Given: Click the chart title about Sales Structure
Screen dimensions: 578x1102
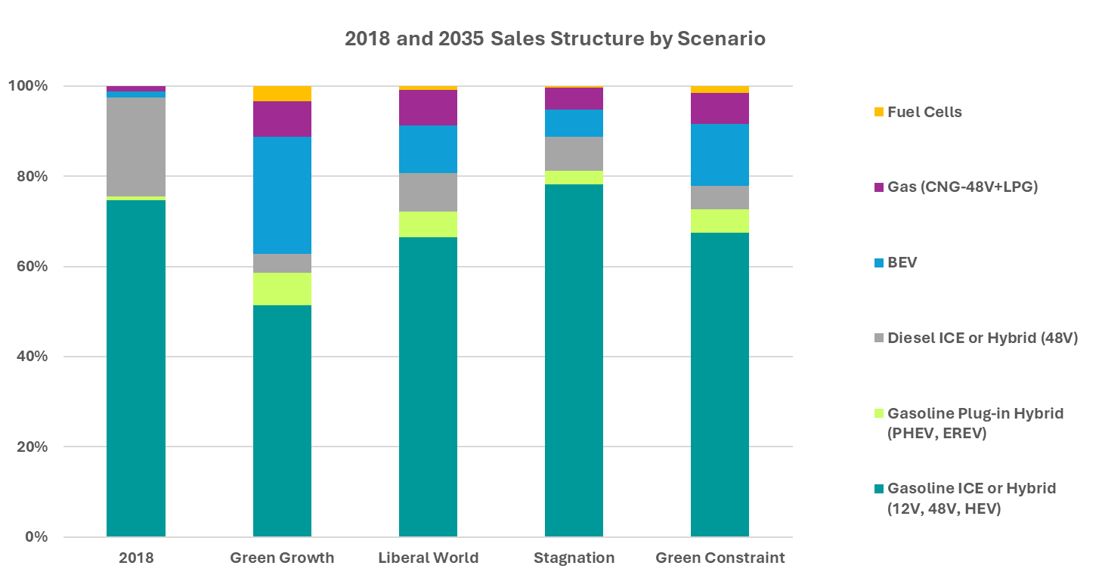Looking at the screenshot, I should coord(555,39).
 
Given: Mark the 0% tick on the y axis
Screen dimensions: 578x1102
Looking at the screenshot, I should coord(36,537).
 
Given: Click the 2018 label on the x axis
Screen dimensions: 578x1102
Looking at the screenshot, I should coord(136,558).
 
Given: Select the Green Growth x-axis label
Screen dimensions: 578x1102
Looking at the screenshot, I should coord(282,558).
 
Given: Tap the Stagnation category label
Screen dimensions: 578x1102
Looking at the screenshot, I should coord(574,558).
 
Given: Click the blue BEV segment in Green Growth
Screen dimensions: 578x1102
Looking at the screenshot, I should coord(282,195).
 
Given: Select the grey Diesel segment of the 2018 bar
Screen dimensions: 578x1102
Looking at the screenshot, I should coord(136,147).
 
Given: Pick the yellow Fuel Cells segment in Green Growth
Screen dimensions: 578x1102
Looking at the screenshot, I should coord(282,94).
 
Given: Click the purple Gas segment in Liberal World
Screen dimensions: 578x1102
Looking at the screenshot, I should coord(428,107).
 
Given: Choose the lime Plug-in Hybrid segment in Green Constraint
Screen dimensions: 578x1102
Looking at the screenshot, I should coord(720,221).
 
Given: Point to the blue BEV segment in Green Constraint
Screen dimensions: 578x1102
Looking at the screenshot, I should coord(720,154).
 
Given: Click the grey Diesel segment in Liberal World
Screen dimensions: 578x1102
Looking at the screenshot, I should coord(428,192).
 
